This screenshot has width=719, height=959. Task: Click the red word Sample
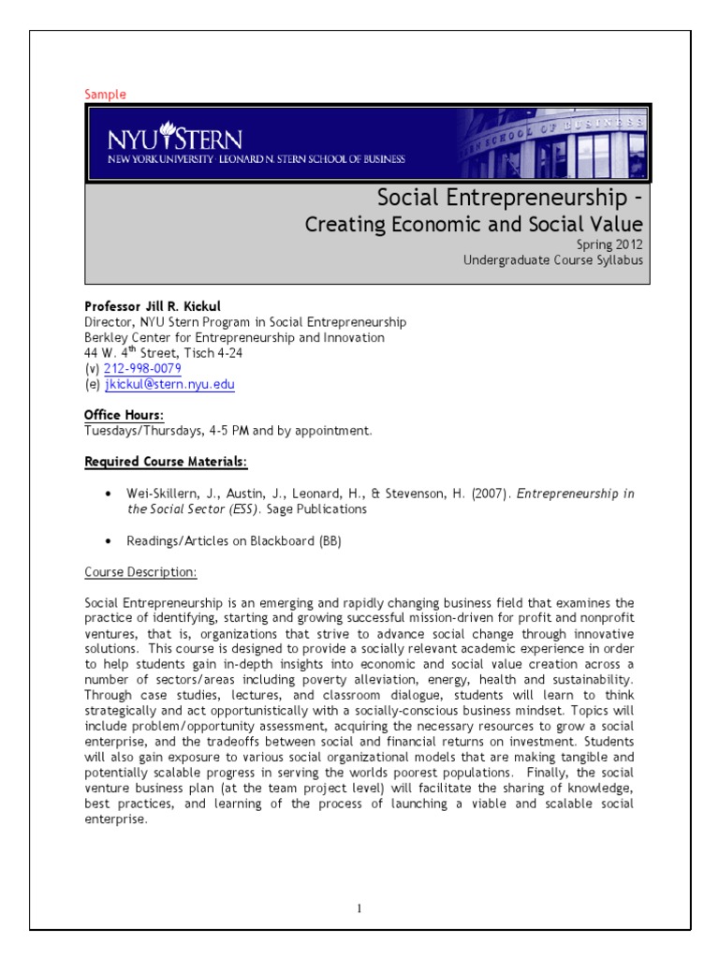pos(105,95)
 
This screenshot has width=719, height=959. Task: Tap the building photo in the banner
pos(552,142)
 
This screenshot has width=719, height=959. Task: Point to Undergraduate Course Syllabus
pos(552,260)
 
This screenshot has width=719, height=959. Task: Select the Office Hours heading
pos(124,415)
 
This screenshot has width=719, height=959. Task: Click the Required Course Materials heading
pos(167,462)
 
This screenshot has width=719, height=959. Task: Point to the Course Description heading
pos(140,571)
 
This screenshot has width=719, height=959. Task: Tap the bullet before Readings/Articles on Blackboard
pos(110,541)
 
